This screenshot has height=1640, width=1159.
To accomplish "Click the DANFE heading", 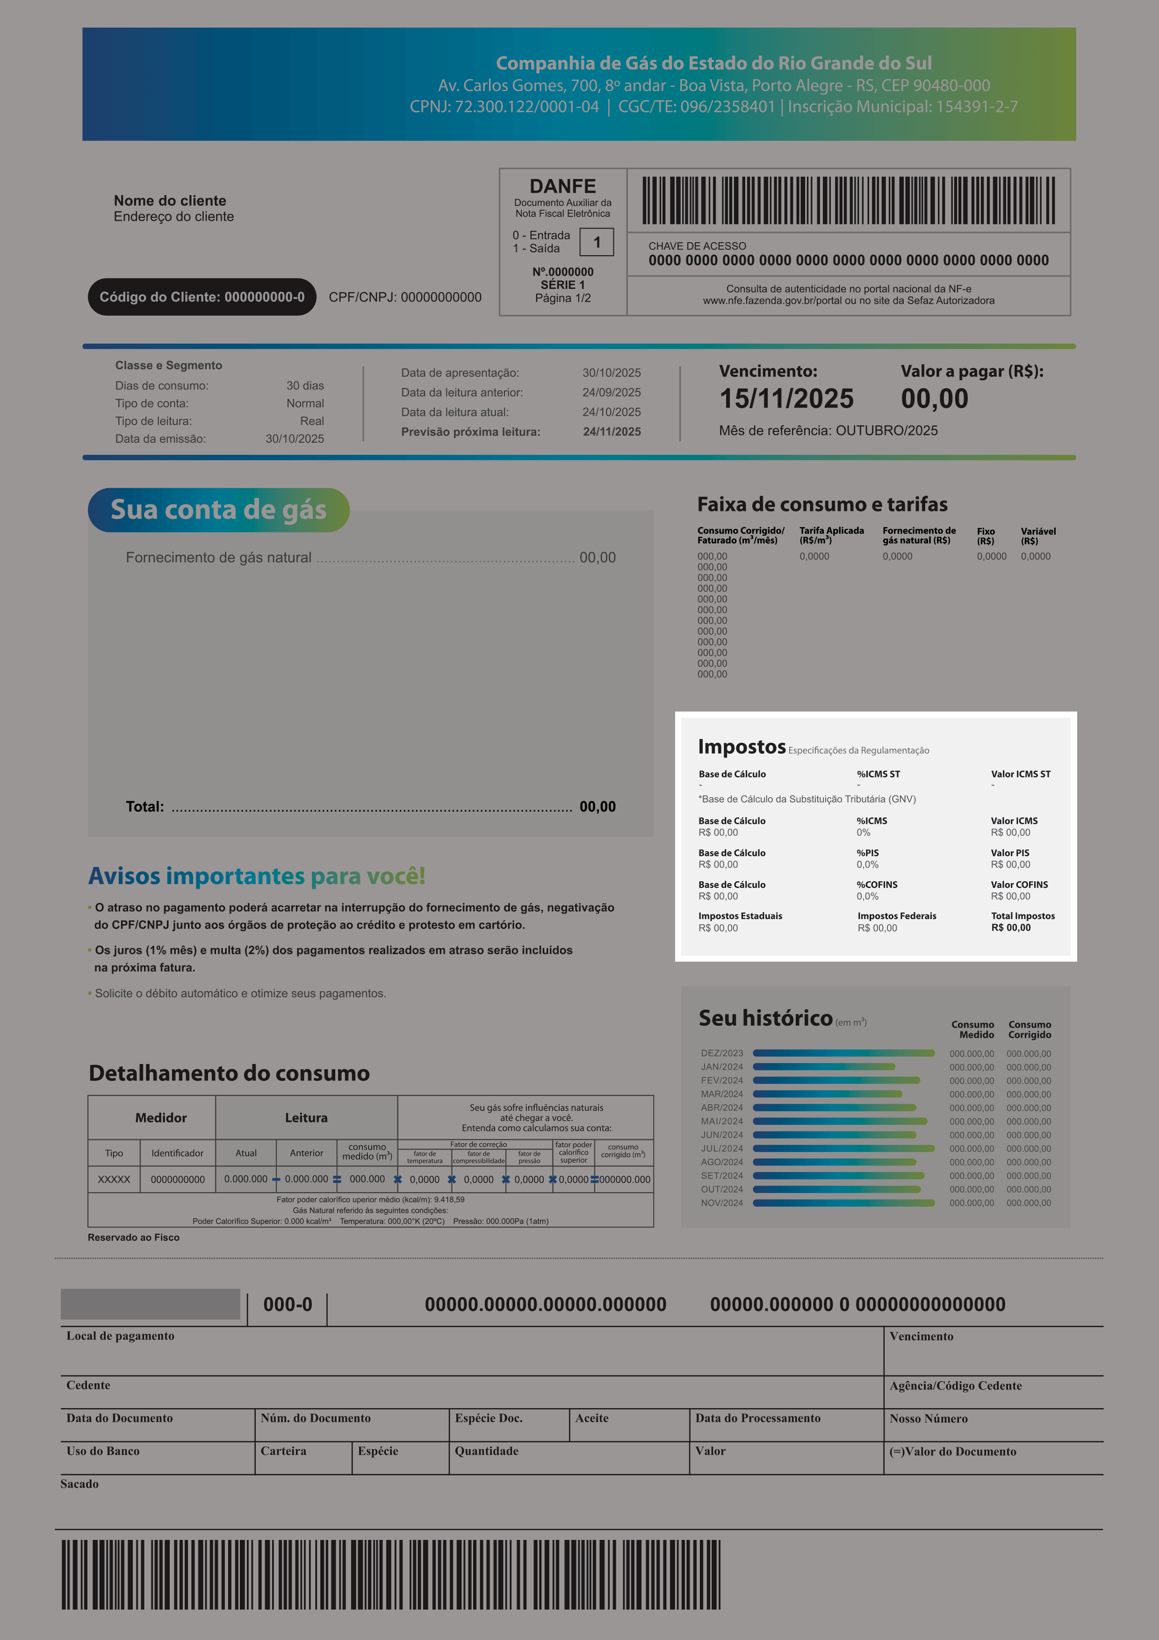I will pos(563,187).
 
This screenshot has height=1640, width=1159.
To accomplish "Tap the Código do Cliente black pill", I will pos(202,297).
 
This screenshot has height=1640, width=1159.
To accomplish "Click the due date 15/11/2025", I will pos(786,399).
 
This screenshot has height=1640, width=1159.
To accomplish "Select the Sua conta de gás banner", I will pos(218,510).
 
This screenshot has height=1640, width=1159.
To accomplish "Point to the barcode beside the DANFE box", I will pos(849,201).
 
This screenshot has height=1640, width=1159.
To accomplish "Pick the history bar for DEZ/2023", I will pos(843,1053).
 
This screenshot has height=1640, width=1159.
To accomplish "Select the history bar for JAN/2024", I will pos(823,1066).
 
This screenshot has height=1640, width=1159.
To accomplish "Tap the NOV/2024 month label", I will pos(721,1203).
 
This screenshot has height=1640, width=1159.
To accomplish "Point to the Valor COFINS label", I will pos(1019,885).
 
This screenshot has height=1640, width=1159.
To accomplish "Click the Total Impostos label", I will pos(1022,916).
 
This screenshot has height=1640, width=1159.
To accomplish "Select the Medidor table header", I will pos(161,1118).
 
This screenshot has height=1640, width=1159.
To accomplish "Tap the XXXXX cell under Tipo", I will pos(114,1180).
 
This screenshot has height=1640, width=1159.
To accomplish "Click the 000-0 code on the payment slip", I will pos(288,1304).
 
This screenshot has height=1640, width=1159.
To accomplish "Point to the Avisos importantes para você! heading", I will pos(256,876).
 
